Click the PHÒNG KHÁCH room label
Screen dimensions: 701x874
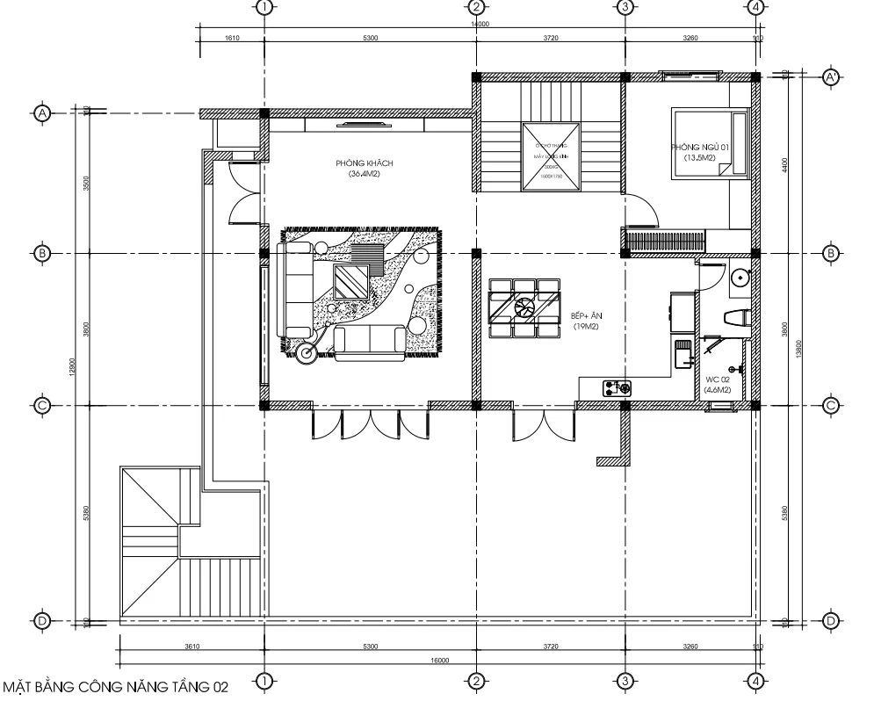point(358,168)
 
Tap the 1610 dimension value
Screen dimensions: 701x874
point(232,40)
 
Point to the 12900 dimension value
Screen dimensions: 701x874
point(76,365)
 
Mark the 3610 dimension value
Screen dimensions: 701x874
point(191,647)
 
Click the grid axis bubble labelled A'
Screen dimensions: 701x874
point(830,77)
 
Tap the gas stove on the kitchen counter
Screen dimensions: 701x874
point(618,387)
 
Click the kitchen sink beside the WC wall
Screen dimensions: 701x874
point(683,356)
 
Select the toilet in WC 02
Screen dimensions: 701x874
point(734,317)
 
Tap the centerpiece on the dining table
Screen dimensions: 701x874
point(525,308)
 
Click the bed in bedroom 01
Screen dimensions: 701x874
point(708,143)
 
